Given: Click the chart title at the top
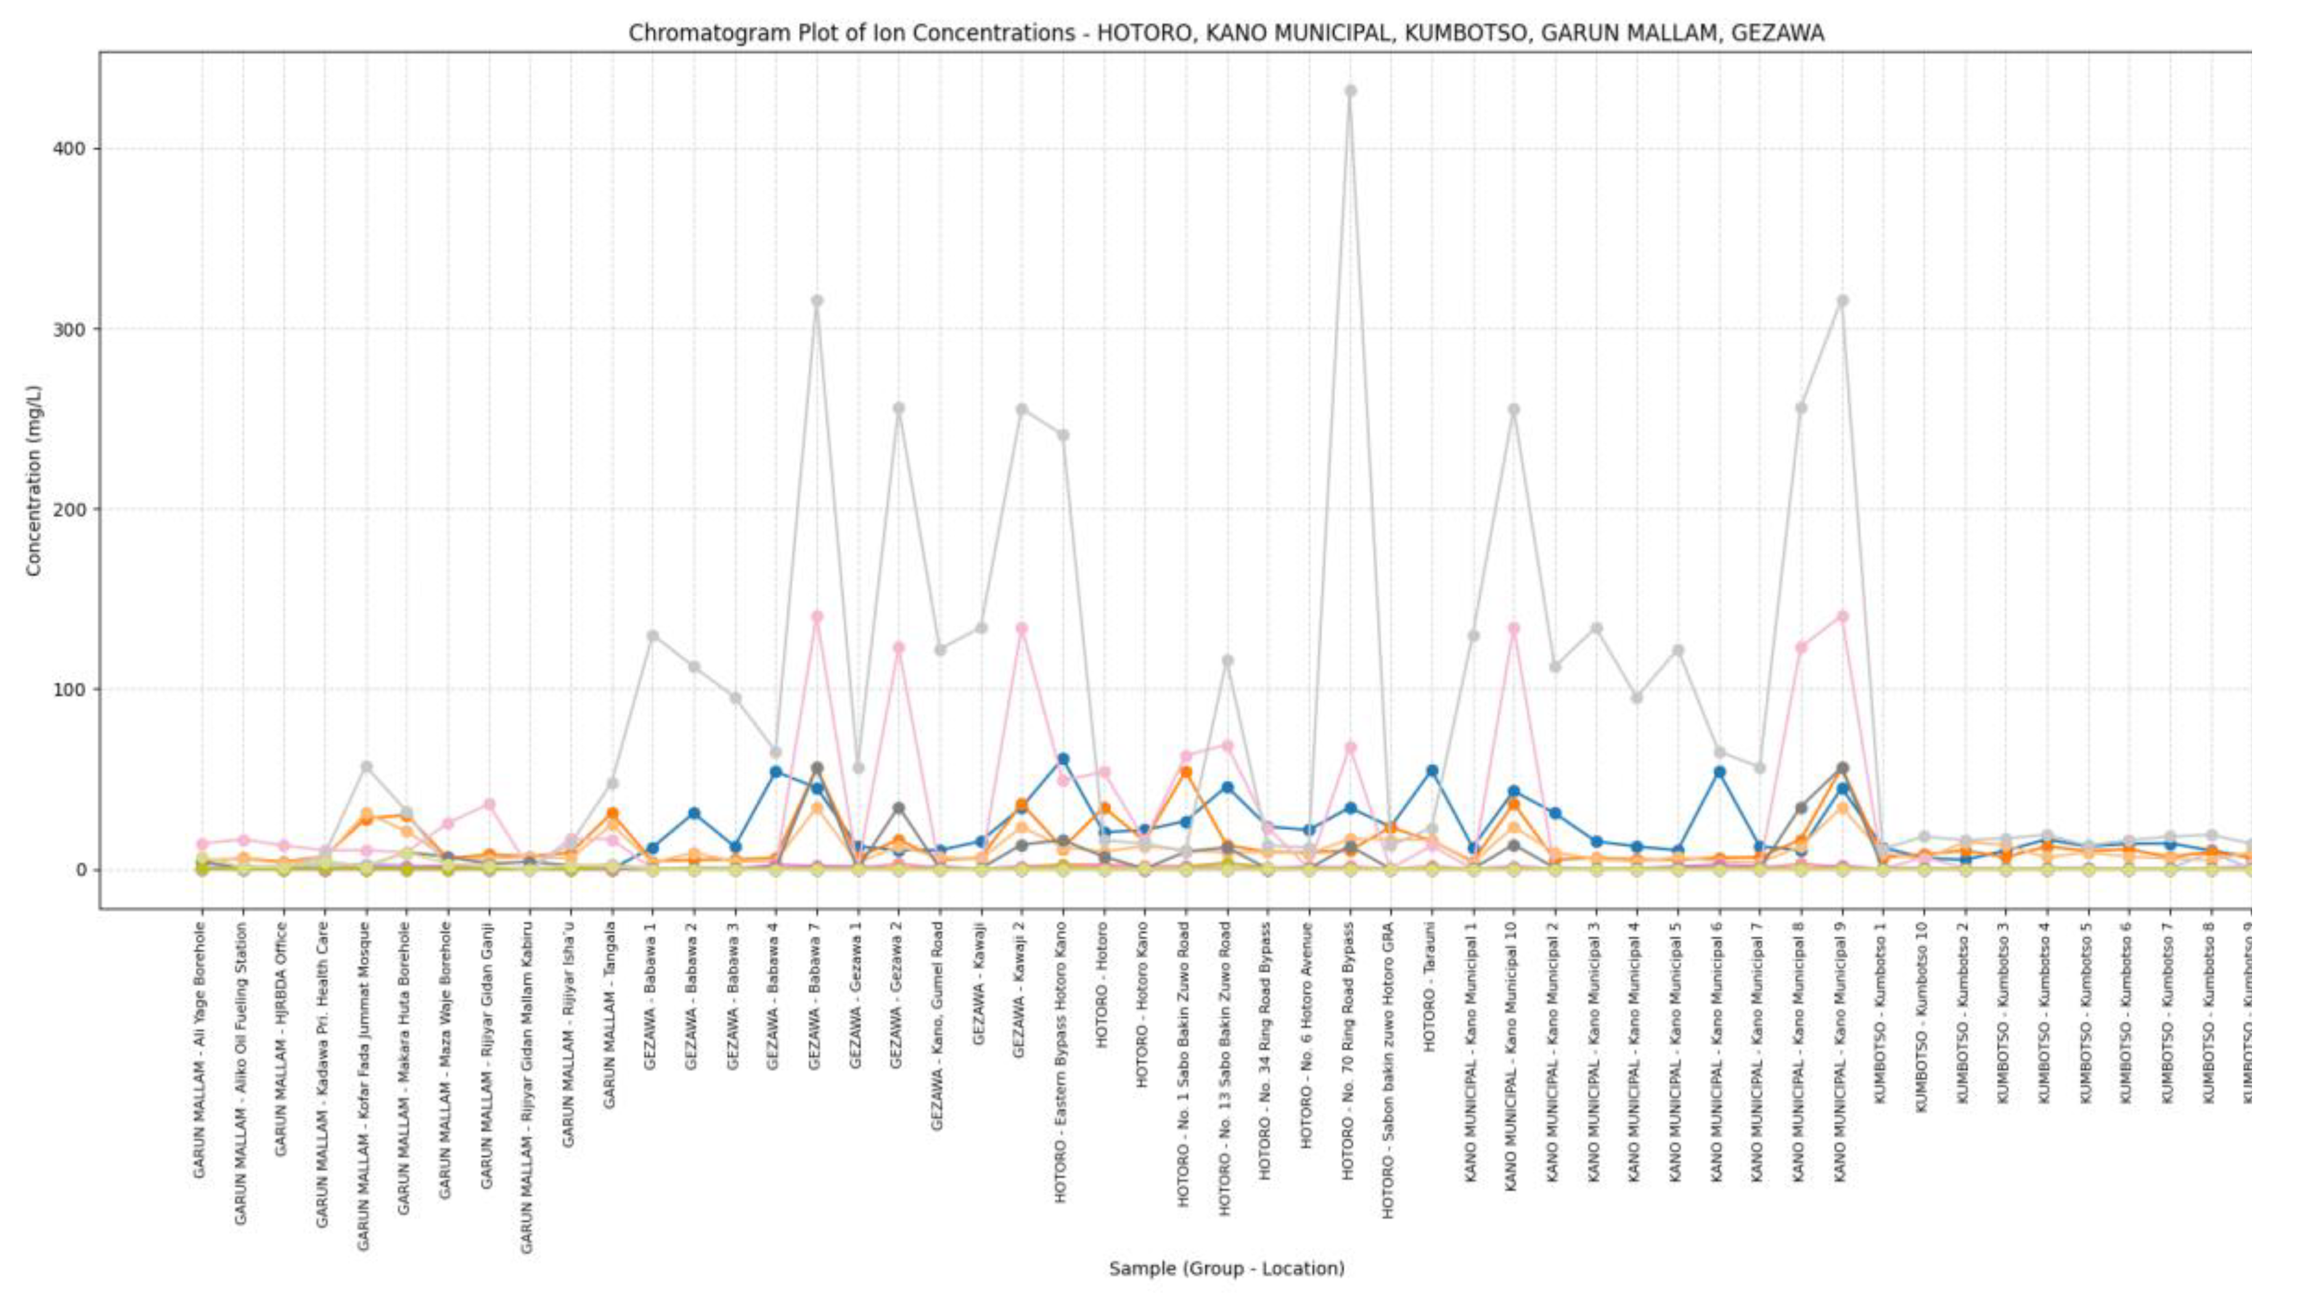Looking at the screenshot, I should [1225, 33].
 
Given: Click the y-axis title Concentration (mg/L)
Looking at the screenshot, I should [34, 480].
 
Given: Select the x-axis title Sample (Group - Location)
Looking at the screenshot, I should [1226, 1268].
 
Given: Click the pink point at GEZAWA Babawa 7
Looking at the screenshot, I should [816, 616].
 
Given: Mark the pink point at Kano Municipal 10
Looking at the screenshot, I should [1513, 628].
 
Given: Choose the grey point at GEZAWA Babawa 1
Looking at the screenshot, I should [652, 636].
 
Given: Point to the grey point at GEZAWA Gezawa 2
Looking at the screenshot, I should [898, 409].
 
